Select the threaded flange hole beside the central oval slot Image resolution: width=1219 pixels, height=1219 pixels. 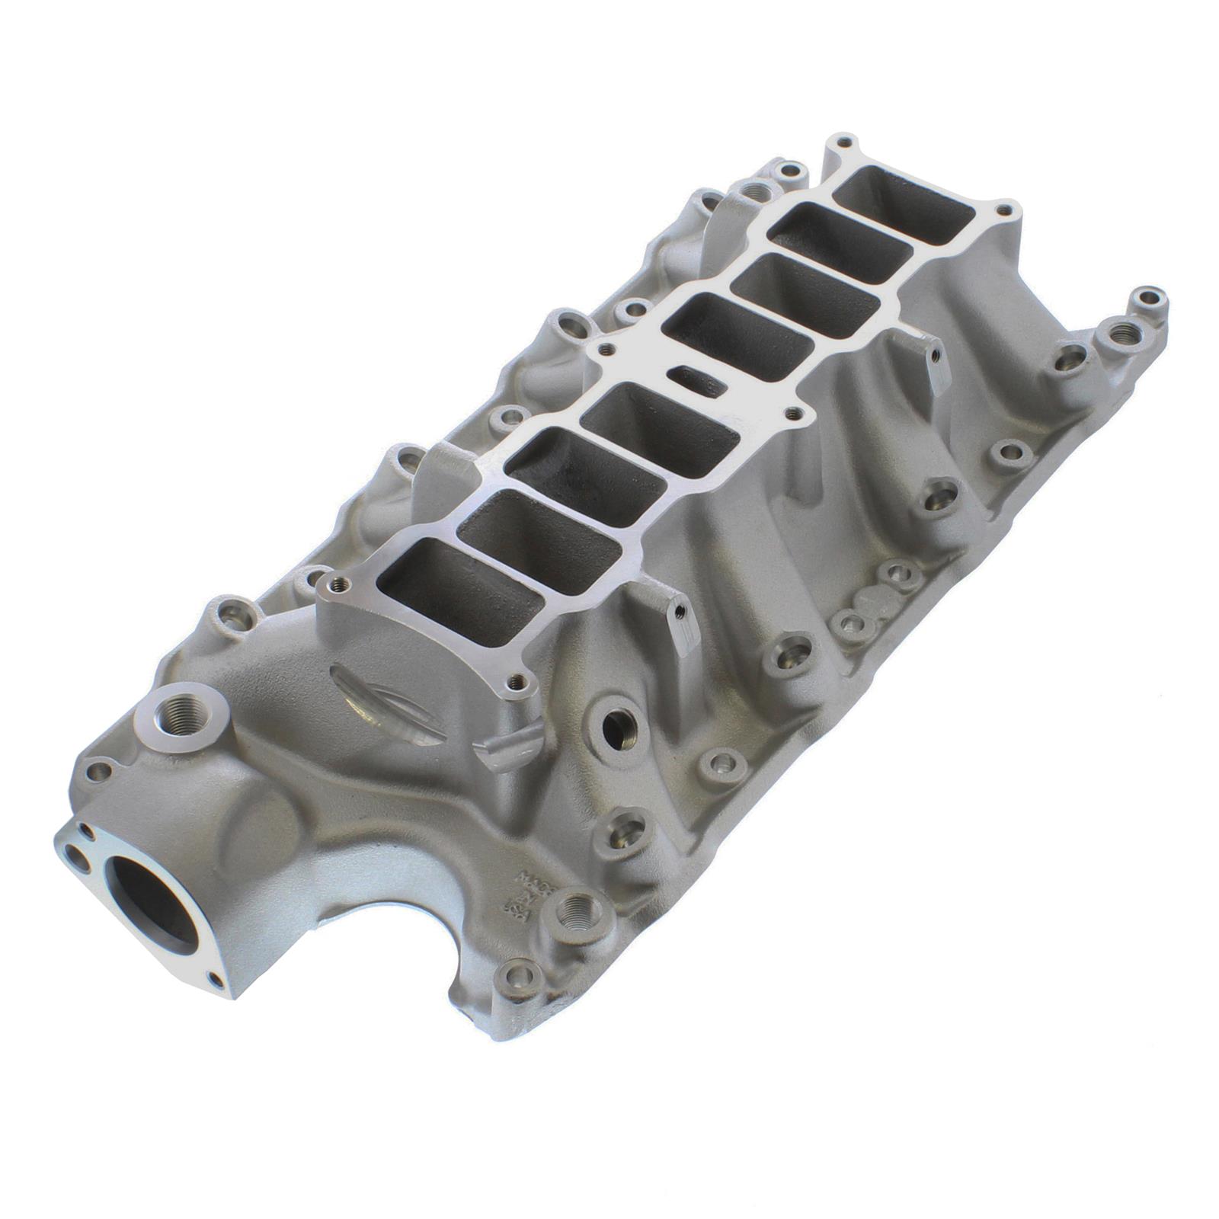[x=795, y=414]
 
